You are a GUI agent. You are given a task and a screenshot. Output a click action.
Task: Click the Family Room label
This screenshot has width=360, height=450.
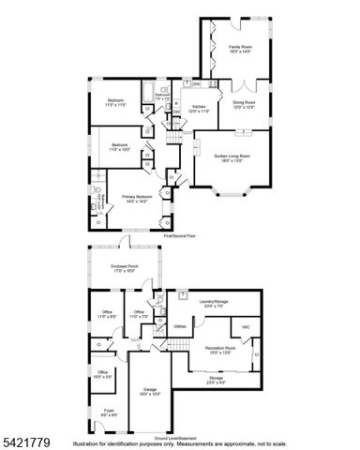[241, 47]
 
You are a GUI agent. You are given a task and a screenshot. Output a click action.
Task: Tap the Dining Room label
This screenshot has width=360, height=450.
[243, 107]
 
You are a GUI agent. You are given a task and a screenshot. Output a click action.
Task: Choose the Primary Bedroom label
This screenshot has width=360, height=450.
[137, 198]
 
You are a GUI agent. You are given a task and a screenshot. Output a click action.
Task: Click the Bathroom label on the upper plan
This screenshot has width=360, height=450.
[161, 96]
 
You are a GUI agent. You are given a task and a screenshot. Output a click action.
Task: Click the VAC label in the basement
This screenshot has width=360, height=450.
[246, 326]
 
